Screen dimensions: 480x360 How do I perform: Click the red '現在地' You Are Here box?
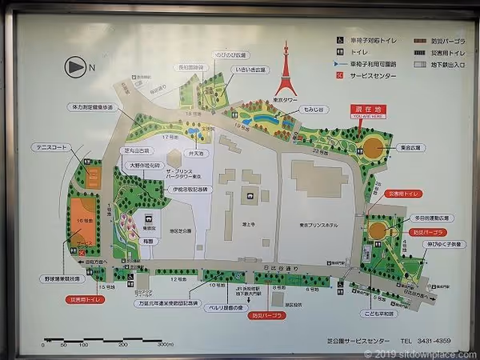tap(362, 112)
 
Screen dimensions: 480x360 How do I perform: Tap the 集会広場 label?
tap(414, 147)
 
